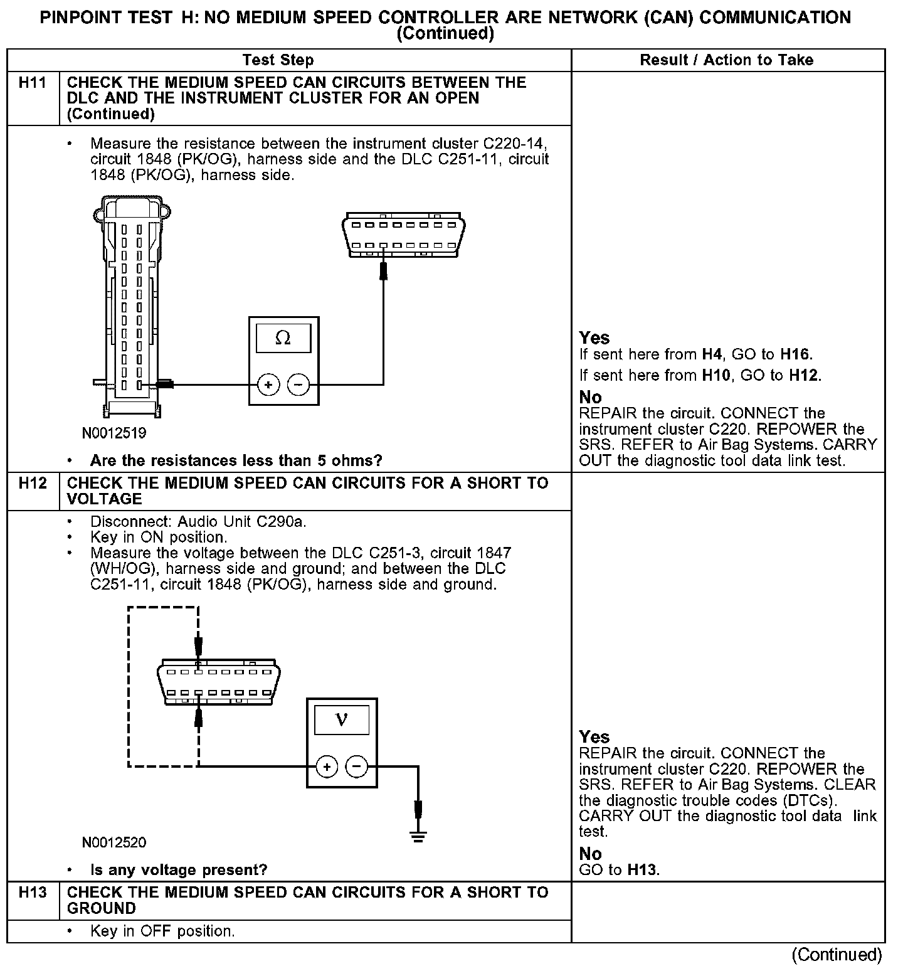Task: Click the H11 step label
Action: (32, 83)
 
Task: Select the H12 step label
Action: (32, 483)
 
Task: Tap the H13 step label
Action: (32, 893)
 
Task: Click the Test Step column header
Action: (278, 60)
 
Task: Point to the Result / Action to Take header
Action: (727, 60)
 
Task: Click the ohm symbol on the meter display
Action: (283, 338)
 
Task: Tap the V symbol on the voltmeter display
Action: (342, 719)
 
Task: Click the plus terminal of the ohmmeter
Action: (268, 385)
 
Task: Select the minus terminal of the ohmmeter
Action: (298, 385)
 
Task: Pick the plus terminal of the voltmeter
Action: (326, 766)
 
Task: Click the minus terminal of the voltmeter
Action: (357, 766)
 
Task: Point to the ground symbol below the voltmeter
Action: (418, 835)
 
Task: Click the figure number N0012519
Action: (114, 433)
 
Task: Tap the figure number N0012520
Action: (114, 842)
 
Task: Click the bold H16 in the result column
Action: (796, 354)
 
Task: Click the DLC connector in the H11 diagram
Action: (404, 235)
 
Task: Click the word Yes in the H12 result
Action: (594, 736)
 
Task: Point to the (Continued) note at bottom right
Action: (837, 955)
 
